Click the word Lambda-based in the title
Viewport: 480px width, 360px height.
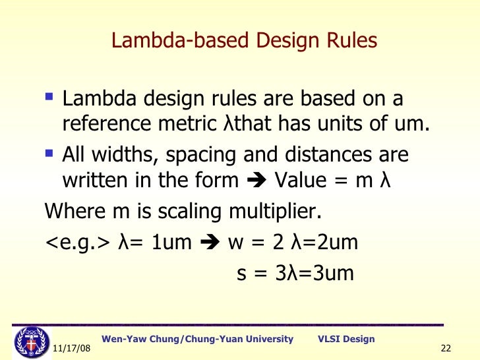[x=167, y=42]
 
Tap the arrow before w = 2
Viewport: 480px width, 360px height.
[x=209, y=244]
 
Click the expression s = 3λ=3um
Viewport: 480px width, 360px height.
[x=295, y=272]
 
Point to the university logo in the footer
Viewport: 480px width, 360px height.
[x=28, y=342]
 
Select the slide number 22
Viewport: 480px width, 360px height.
[x=444, y=348]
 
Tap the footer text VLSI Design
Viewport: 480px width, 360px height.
[x=346, y=339]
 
